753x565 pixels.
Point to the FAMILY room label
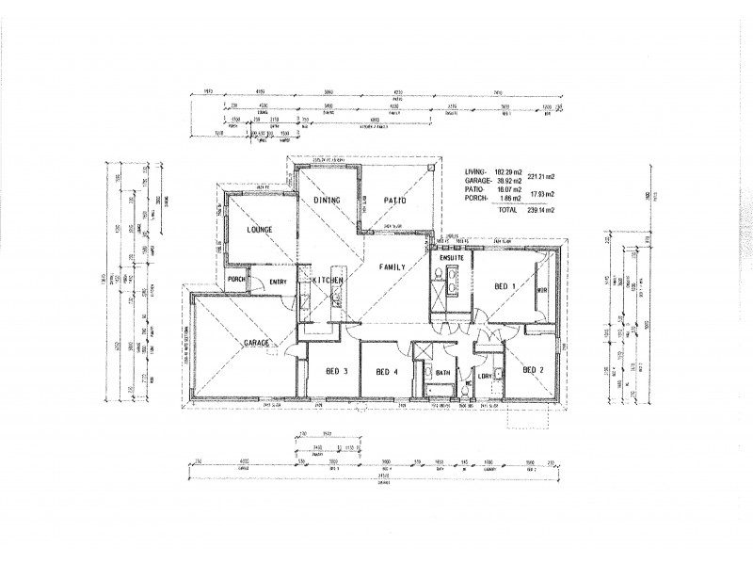point(393,267)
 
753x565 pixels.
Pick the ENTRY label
point(279,281)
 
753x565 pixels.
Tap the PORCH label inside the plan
point(236,279)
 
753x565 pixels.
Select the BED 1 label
point(505,285)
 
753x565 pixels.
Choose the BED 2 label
point(534,369)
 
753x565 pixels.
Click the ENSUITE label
point(449,257)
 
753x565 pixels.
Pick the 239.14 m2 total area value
point(540,210)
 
